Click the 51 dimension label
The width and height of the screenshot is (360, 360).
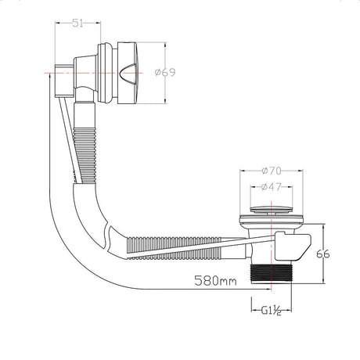pyautogui.click(x=77, y=23)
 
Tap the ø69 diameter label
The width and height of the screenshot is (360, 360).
pyautogui.click(x=165, y=72)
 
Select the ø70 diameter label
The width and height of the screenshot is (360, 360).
pyautogui.click(x=272, y=171)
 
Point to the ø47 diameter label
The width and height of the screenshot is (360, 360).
pyautogui.click(x=272, y=187)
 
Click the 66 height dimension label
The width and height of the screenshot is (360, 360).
pyautogui.click(x=323, y=254)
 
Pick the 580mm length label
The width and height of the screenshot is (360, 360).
pyautogui.click(x=216, y=280)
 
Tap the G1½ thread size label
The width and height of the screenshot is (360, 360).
pyautogui.click(x=271, y=311)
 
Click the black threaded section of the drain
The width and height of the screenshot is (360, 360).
pyautogui.click(x=271, y=273)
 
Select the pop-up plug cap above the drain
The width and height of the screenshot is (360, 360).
pyautogui.click(x=271, y=210)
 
